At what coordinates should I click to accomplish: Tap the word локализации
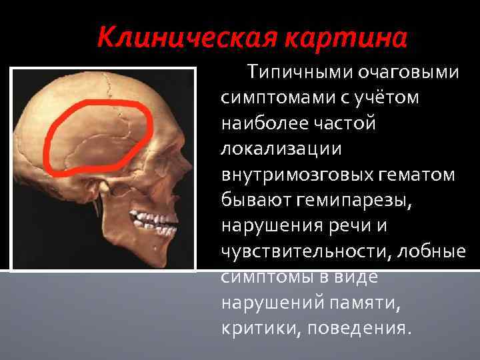[273, 150]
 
